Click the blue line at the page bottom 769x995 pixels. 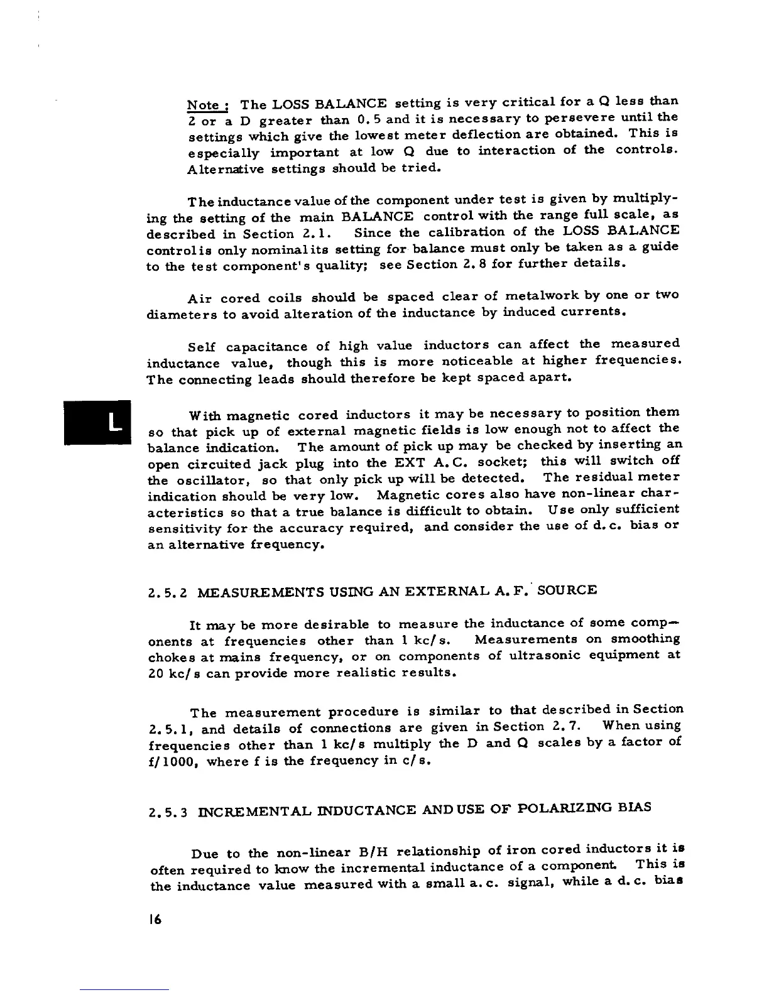point(124,989)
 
